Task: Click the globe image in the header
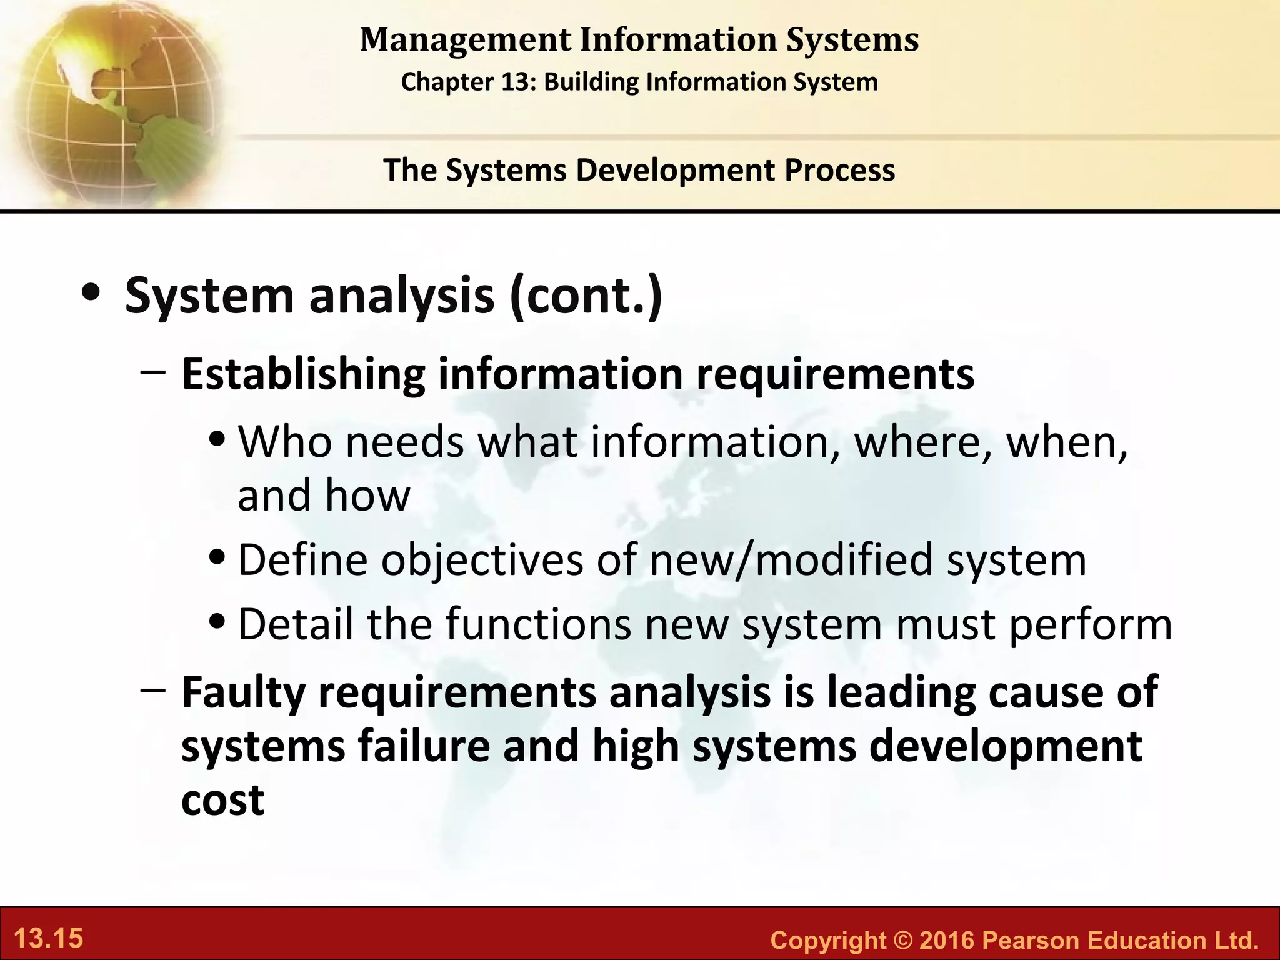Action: pos(112,100)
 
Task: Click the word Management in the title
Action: pos(466,40)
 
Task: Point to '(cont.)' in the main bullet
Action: pos(586,296)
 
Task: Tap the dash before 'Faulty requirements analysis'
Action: pos(153,690)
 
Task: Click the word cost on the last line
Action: pos(222,801)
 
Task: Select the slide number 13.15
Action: pos(48,939)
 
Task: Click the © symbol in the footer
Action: pos(902,940)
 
